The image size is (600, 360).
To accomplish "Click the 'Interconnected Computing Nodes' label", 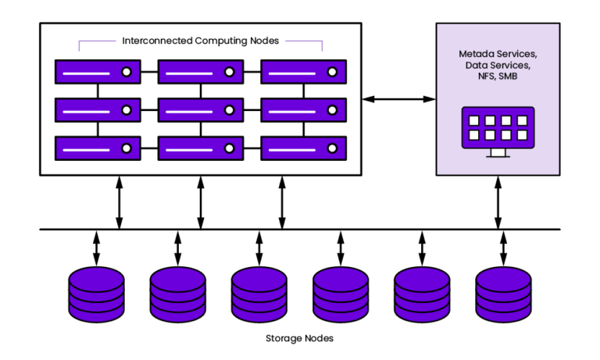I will tap(201, 41).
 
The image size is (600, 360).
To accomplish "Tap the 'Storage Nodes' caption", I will tap(300, 338).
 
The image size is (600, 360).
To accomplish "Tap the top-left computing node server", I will tap(98, 72).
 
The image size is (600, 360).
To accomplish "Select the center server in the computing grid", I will tap(201, 109).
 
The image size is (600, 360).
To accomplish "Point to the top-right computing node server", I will tap(303, 72).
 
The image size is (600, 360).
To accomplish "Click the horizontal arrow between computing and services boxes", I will tap(398, 99).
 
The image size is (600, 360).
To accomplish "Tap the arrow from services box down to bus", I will tap(498, 202).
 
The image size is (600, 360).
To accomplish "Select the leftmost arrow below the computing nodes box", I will tap(119, 202).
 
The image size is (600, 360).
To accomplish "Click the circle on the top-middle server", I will tap(230, 72).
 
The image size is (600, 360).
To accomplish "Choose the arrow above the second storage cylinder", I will tap(177, 248).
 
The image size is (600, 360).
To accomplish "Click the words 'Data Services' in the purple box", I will tap(497, 66).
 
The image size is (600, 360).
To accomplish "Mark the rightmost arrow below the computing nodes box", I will tap(283, 202).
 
